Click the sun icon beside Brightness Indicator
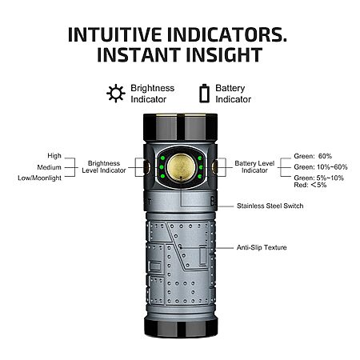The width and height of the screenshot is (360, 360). [x=116, y=94]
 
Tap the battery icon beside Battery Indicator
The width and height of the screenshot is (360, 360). [x=204, y=94]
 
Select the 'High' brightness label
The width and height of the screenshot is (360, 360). [x=54, y=155]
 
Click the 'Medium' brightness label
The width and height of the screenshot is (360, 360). [x=50, y=167]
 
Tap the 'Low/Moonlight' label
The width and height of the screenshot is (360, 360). [x=40, y=178]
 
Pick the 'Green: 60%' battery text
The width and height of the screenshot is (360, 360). [x=313, y=156]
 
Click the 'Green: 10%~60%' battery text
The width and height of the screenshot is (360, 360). [x=321, y=167]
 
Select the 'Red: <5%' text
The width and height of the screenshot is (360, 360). [x=310, y=185]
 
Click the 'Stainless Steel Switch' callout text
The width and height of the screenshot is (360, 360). [x=270, y=206]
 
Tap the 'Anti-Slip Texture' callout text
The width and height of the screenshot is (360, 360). [x=262, y=247]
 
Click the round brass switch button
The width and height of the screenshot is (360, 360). [x=181, y=167]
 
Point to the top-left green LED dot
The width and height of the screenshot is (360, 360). [x=162, y=158]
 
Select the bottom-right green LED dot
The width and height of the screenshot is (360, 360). [x=200, y=176]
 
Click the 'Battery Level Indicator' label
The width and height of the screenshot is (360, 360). [x=254, y=167]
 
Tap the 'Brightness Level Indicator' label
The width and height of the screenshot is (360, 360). [x=104, y=167]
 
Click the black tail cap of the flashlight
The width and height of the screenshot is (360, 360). [x=181, y=326]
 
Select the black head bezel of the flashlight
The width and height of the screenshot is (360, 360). [x=181, y=127]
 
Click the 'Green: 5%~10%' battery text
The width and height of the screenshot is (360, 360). [x=319, y=178]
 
